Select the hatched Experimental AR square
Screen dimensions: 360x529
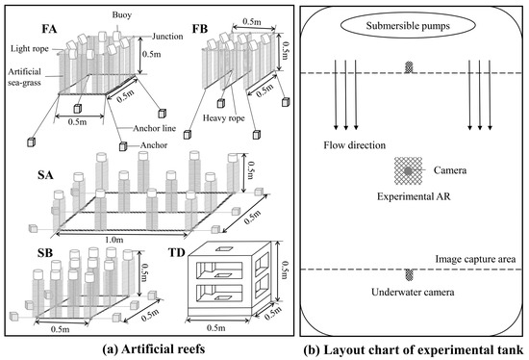coord(408,171)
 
